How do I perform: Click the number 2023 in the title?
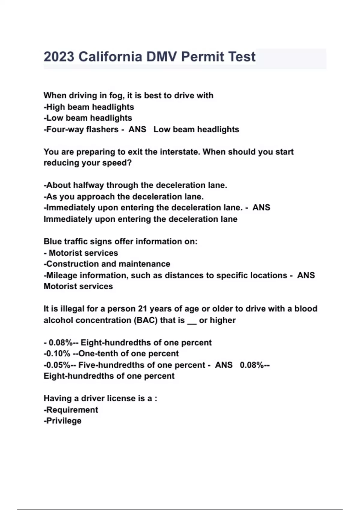[x=59, y=57]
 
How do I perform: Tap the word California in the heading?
[x=110, y=57]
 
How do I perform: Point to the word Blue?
[x=53, y=241]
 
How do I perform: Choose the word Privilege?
[x=64, y=421]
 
